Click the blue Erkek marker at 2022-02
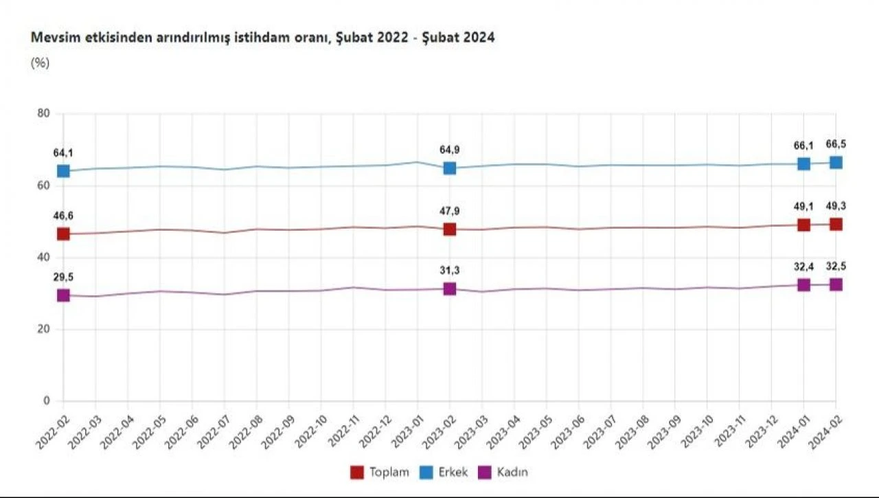63,171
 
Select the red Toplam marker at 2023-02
449,229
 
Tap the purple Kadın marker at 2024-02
836,284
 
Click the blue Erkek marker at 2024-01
803,164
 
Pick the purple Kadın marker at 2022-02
63,295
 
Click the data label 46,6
63,216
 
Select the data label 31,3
449,271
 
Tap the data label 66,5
836,145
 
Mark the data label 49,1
803,207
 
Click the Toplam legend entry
380,472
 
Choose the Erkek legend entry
445,472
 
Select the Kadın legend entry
504,472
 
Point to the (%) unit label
41,63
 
